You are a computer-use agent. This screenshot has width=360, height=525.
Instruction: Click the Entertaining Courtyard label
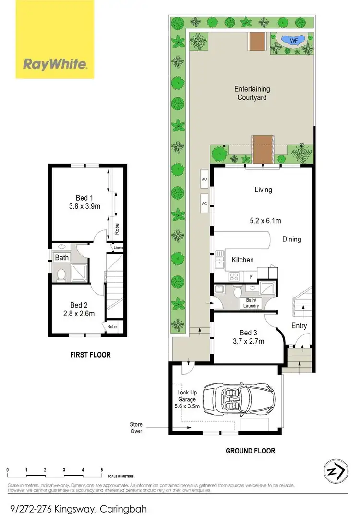(252, 93)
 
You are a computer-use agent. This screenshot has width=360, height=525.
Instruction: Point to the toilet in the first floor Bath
(61, 274)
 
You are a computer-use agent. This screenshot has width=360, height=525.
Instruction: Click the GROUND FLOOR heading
(250, 451)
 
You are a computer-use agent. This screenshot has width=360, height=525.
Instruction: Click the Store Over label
(136, 428)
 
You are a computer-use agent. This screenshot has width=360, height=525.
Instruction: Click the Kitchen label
(242, 260)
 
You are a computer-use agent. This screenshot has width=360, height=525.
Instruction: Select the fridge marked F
(251, 277)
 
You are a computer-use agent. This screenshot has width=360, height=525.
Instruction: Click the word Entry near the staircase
(299, 326)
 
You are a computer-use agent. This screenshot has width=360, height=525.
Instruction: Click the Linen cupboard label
(118, 248)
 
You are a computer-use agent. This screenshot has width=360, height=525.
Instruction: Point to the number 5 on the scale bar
(101, 470)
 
